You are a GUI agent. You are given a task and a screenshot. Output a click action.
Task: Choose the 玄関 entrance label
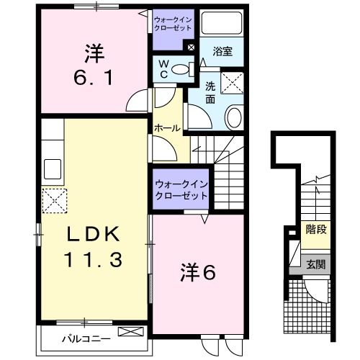pyautogui.click(x=315, y=264)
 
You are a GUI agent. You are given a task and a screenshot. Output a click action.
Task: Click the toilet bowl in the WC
pyautogui.click(x=184, y=70)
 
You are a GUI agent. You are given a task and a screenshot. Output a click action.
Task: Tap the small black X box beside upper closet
pyautogui.click(x=191, y=48)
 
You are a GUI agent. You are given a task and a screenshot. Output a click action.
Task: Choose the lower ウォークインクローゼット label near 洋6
pyautogui.click(x=181, y=190)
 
